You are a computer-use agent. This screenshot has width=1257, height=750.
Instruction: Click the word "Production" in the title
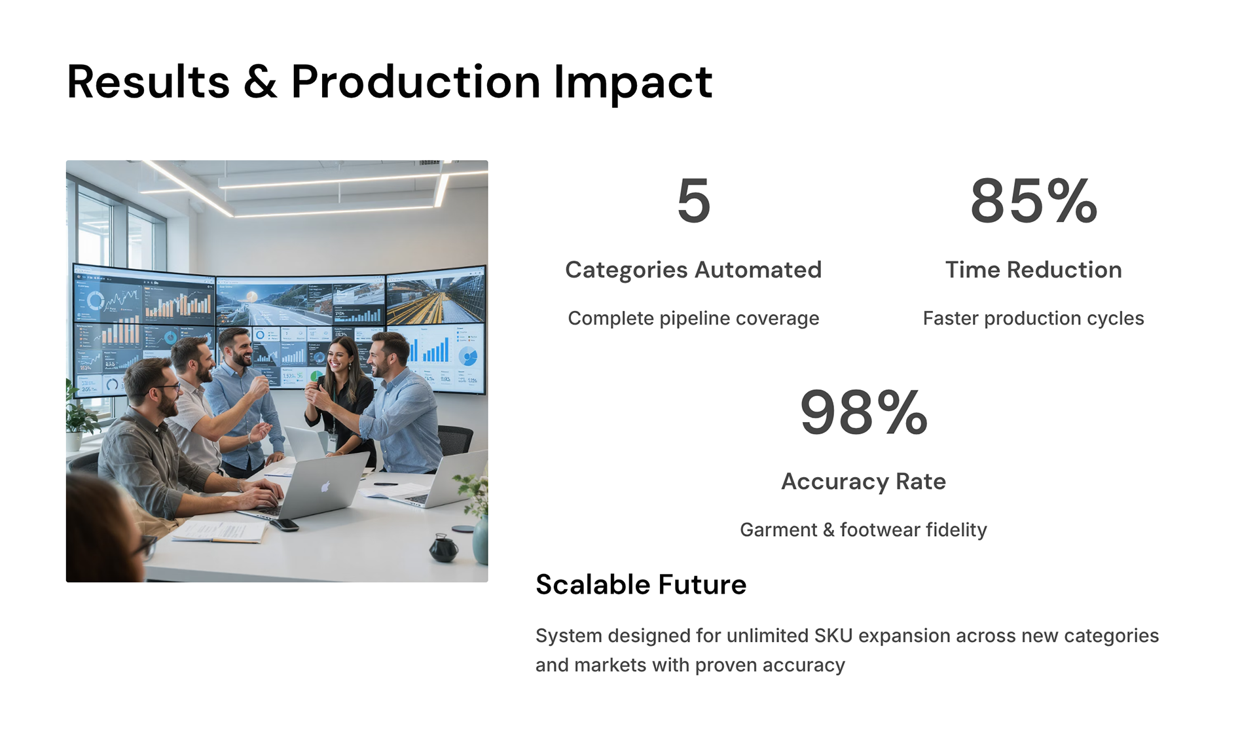pyautogui.click(x=416, y=82)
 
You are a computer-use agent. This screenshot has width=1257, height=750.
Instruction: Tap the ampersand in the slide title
pyautogui.click(x=260, y=82)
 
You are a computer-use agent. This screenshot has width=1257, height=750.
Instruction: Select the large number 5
pyautogui.click(x=693, y=200)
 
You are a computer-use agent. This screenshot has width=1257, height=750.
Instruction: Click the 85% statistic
pyautogui.click(x=1034, y=200)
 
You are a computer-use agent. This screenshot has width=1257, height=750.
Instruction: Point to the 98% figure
pyautogui.click(x=864, y=412)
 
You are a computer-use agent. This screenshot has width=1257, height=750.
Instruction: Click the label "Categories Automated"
pyautogui.click(x=693, y=270)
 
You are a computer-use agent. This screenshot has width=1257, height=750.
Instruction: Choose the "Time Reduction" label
pyautogui.click(x=1034, y=270)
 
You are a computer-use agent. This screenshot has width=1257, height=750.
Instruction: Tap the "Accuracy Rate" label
pyautogui.click(x=864, y=482)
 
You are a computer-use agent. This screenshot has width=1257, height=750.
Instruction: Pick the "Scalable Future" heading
pyautogui.click(x=641, y=584)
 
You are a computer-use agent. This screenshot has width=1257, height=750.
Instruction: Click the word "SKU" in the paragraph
pyautogui.click(x=833, y=635)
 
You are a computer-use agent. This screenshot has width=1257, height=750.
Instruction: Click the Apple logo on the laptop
pyautogui.click(x=325, y=486)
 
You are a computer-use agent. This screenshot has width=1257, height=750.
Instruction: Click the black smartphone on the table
pyautogui.click(x=284, y=524)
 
